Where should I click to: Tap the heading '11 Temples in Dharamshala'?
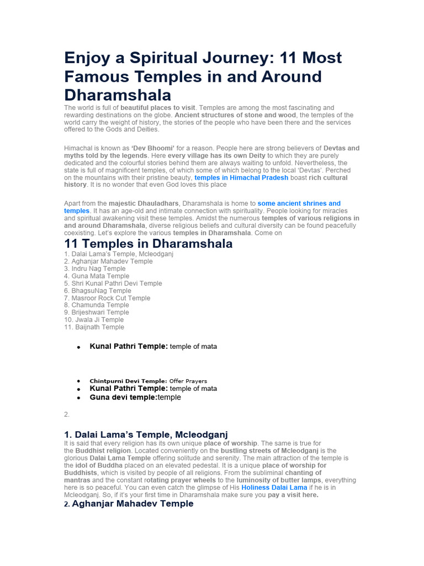pyautogui.click(x=149, y=244)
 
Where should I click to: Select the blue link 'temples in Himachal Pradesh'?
pyautogui.click(x=241, y=178)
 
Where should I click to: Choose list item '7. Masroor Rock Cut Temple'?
pyautogui.click(x=107, y=298)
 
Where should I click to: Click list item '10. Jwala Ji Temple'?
pyautogui.click(x=94, y=319)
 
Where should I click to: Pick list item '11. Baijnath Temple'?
pyautogui.click(x=94, y=327)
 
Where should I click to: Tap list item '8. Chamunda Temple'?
pyautogui.click(x=97, y=305)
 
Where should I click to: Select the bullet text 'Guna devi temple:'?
pyautogui.click(x=124, y=397)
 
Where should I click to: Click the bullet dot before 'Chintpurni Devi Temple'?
pyautogui.click(x=79, y=381)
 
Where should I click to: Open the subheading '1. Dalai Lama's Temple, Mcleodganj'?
pyautogui.click(x=146, y=434)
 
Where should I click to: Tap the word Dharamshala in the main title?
pyautogui.click(x=118, y=95)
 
